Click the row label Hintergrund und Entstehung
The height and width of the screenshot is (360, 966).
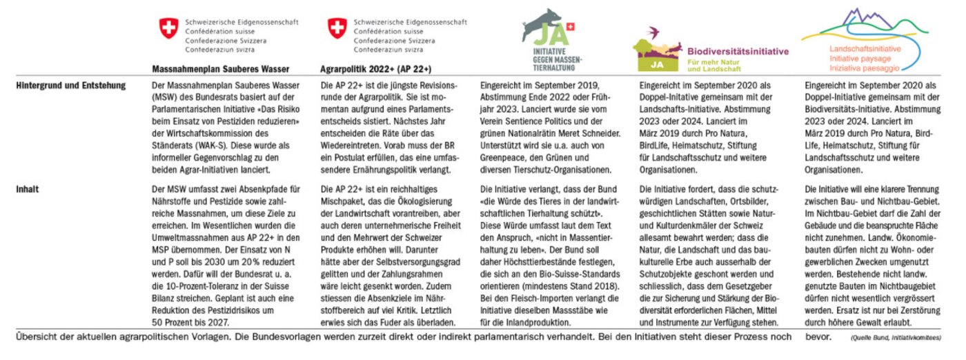(x=70, y=86)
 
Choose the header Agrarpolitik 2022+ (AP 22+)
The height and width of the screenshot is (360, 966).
(x=376, y=69)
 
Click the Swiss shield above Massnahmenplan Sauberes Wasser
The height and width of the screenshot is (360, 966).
(x=168, y=28)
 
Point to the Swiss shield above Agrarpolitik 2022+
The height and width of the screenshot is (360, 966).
(x=336, y=28)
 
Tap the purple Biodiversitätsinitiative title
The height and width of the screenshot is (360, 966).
(x=738, y=52)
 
